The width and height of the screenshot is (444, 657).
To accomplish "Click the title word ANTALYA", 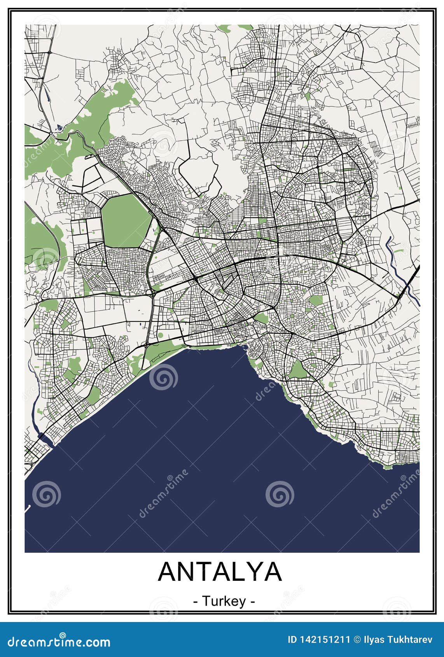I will pos(220,571).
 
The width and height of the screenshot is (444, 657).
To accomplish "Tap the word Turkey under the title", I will pos(224,601).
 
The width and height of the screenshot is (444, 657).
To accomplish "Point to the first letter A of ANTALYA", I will pos(167,571).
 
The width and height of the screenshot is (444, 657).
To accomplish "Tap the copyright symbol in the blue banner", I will pos(357,640).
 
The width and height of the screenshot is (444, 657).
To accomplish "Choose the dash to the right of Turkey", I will pos(253,602).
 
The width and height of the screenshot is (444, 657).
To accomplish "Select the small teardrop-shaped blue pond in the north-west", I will pos(59,127).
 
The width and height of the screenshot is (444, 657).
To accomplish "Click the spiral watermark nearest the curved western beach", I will pos(163,377).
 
